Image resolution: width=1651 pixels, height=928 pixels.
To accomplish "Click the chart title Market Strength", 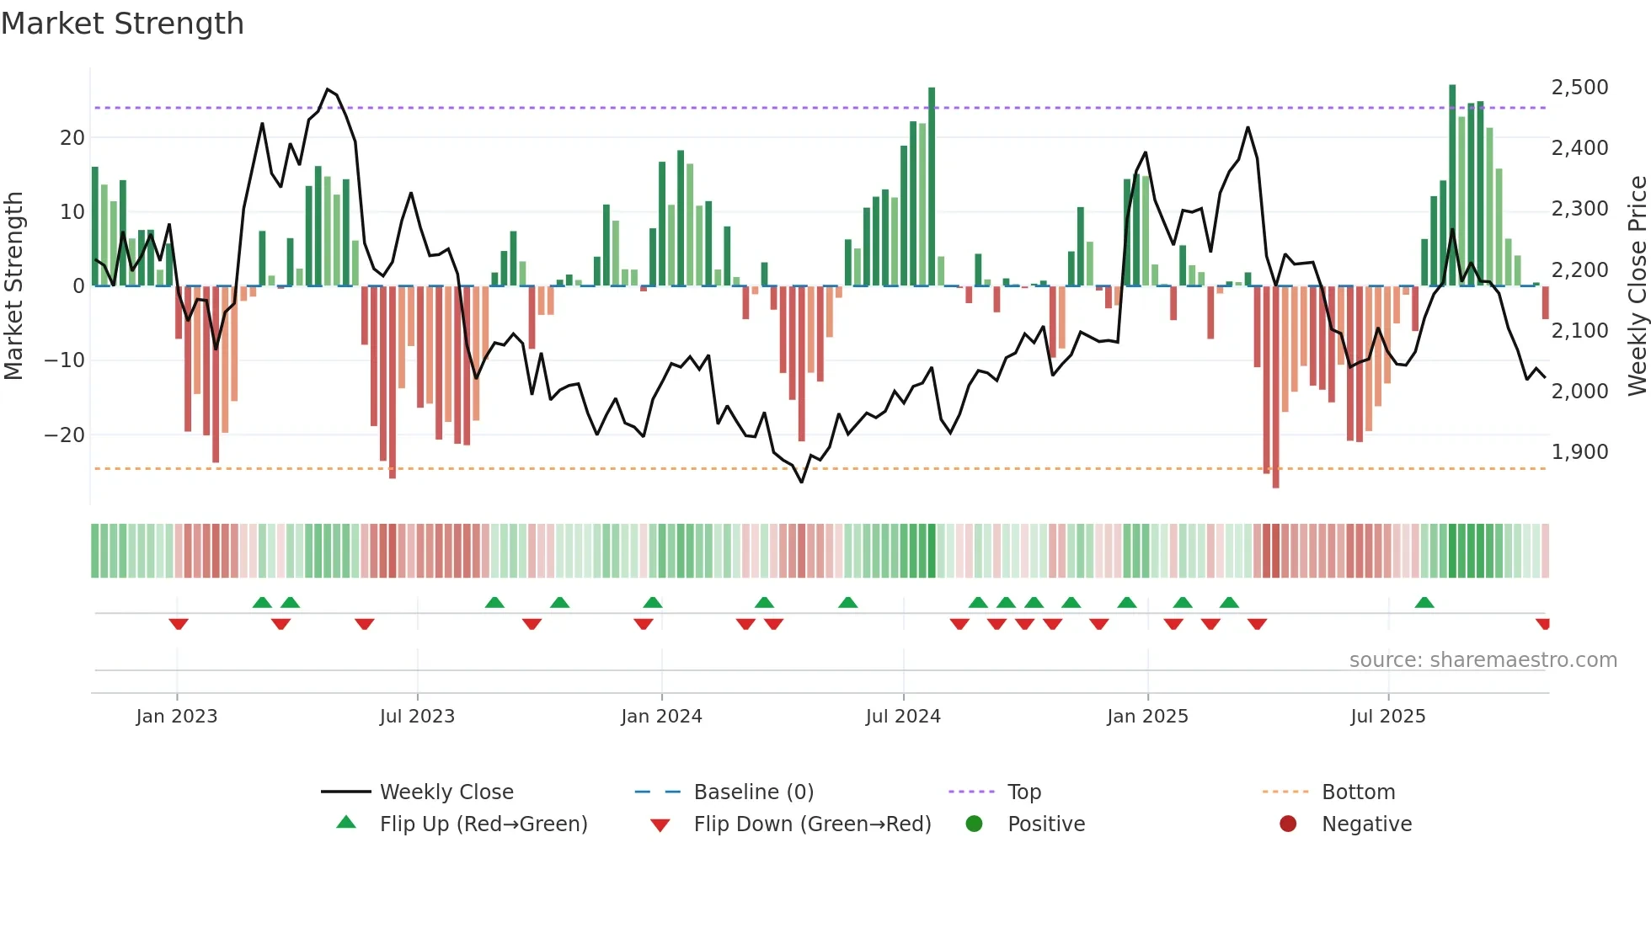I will click(x=122, y=24).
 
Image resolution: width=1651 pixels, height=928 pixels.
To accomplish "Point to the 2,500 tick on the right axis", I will click(x=1579, y=88).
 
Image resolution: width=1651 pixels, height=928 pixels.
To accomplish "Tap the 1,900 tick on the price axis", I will click(x=1579, y=452).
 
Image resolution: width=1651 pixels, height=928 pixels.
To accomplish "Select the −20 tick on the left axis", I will click(x=64, y=435).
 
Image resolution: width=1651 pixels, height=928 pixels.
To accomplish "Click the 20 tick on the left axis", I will click(x=72, y=138).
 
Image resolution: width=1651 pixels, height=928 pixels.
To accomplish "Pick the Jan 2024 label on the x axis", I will click(x=661, y=717).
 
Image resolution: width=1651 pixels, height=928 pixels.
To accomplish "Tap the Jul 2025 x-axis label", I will click(x=1387, y=717).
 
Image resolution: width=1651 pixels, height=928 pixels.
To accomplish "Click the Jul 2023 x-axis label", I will click(x=417, y=717).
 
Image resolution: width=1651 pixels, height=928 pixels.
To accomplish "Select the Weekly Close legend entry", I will click(x=446, y=792).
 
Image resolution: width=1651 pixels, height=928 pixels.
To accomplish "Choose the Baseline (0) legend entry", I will click(x=753, y=792).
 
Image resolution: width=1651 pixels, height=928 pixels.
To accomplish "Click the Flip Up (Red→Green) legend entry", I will click(x=483, y=824).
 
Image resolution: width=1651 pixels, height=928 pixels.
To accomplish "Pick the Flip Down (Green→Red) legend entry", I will click(x=812, y=824).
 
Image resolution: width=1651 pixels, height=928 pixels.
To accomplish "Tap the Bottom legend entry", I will click(x=1358, y=792).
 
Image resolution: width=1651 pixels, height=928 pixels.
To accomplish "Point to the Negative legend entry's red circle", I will click(x=1288, y=824).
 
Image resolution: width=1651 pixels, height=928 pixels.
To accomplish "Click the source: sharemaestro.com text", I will click(x=1483, y=660).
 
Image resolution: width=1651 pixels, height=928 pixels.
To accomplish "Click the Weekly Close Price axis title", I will click(x=1637, y=286).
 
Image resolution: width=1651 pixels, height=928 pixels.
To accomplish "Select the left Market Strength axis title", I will click(x=13, y=286).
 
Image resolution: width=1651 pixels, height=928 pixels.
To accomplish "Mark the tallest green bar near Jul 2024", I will click(x=932, y=185).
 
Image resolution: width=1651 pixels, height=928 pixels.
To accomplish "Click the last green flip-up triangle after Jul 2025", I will click(x=1424, y=603).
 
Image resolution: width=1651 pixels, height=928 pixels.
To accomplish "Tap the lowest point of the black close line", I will click(x=801, y=482).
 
